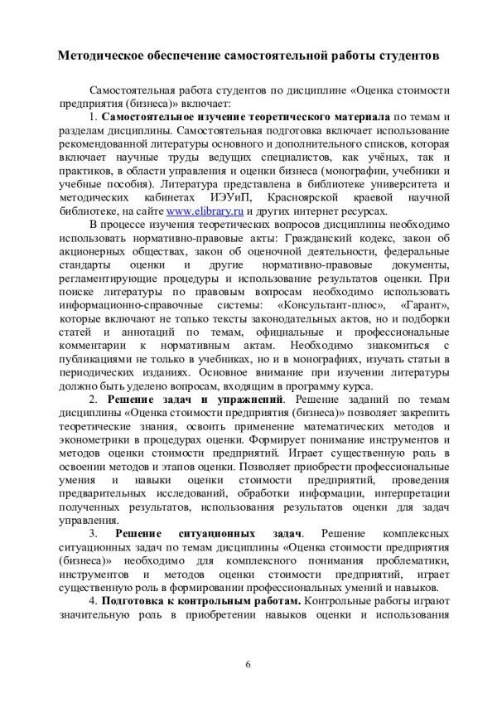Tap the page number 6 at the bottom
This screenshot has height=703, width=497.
coord(248,661)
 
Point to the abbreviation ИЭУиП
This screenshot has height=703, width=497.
coord(236,198)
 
